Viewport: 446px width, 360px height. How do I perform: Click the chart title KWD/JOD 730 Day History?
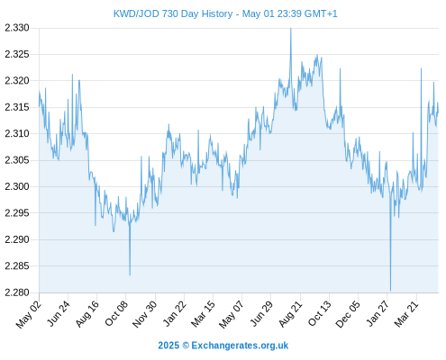click(173, 13)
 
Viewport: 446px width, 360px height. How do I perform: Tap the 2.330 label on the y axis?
click(17, 28)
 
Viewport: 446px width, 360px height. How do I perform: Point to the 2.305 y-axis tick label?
click(17, 160)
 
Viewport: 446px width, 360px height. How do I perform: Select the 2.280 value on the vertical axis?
click(17, 292)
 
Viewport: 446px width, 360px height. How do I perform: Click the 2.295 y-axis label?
click(17, 213)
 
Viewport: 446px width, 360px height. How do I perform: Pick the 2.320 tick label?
click(17, 81)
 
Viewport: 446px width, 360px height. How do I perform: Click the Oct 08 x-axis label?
click(116, 313)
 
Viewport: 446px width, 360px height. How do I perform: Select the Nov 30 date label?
click(145, 314)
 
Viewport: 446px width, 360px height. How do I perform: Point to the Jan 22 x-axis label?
click(175, 313)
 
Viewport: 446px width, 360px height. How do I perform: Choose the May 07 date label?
click(231, 314)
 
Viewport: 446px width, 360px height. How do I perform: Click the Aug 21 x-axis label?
click(289, 313)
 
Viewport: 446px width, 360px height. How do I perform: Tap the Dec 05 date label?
click(347, 314)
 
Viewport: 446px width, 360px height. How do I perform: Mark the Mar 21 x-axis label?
click(405, 314)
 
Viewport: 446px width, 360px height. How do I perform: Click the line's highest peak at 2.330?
click(291, 29)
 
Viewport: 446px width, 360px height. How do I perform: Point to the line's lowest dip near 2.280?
click(390, 291)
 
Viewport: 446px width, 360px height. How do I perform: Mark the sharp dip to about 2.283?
click(130, 274)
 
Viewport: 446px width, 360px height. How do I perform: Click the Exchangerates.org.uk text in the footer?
click(240, 346)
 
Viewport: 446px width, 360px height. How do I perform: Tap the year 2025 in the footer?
click(168, 346)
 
